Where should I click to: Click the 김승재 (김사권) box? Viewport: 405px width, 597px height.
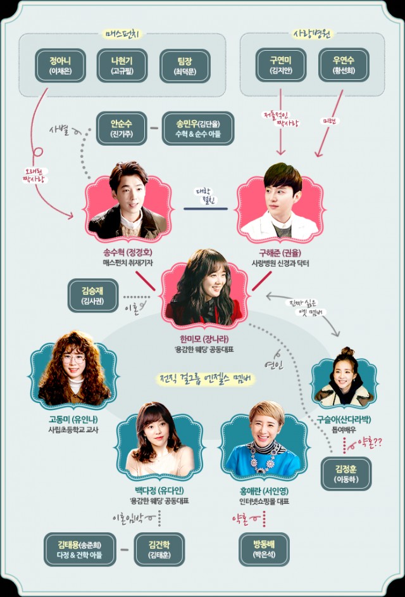(x=92, y=296)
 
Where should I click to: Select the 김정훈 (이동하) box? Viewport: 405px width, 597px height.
(x=346, y=473)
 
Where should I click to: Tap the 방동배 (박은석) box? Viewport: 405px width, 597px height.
(x=264, y=549)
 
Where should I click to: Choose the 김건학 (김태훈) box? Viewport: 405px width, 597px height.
(x=160, y=549)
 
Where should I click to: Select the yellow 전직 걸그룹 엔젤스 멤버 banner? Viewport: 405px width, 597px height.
(x=208, y=379)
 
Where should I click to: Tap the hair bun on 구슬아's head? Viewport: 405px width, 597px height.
(x=346, y=351)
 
